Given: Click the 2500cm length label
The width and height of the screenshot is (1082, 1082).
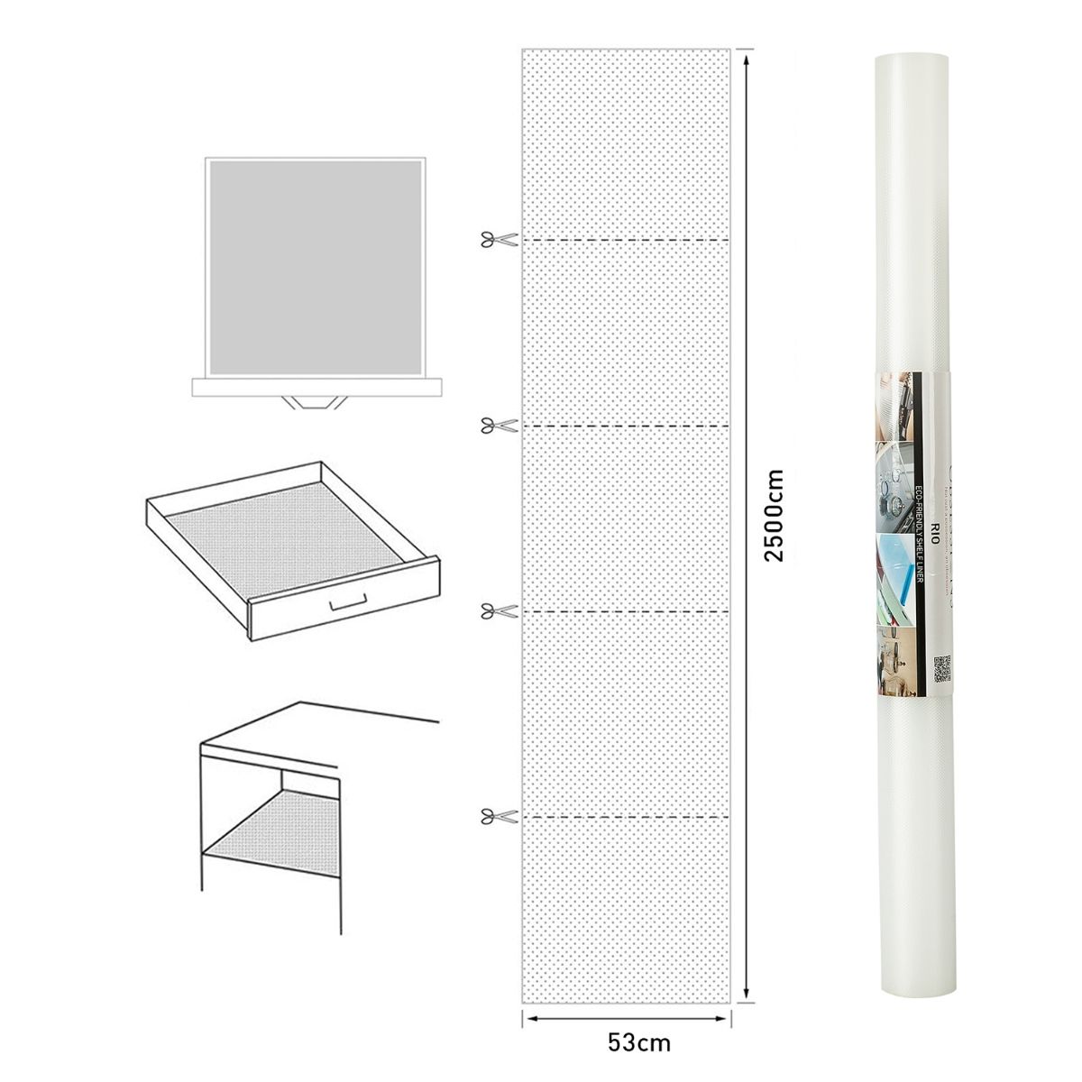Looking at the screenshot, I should click(x=775, y=515).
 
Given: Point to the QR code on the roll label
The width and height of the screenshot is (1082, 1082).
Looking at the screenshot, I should click(x=943, y=668).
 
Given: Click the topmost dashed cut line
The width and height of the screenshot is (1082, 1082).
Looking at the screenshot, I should click(x=626, y=240).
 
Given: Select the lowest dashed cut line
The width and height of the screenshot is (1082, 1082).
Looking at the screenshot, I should click(x=626, y=817).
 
